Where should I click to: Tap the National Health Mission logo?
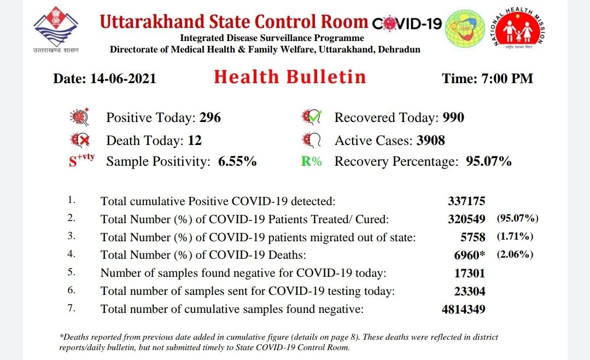coord(519,30)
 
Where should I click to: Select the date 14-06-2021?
coord(124,78)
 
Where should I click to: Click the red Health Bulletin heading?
coord(290,77)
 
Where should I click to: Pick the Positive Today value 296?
coord(210,118)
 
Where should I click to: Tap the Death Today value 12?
coord(195,141)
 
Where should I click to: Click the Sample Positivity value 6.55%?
coord(237,162)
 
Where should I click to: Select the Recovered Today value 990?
coord(453,118)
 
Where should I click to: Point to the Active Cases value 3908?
coord(430,141)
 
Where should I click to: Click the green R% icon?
coord(312,162)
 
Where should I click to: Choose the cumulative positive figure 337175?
coord(466,201)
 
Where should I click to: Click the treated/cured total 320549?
coord(466,219)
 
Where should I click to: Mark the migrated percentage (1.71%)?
coord(515,237)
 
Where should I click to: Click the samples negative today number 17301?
coord(470,273)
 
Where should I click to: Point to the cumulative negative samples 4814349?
coord(463,309)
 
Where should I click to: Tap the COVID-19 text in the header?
coord(407,24)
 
